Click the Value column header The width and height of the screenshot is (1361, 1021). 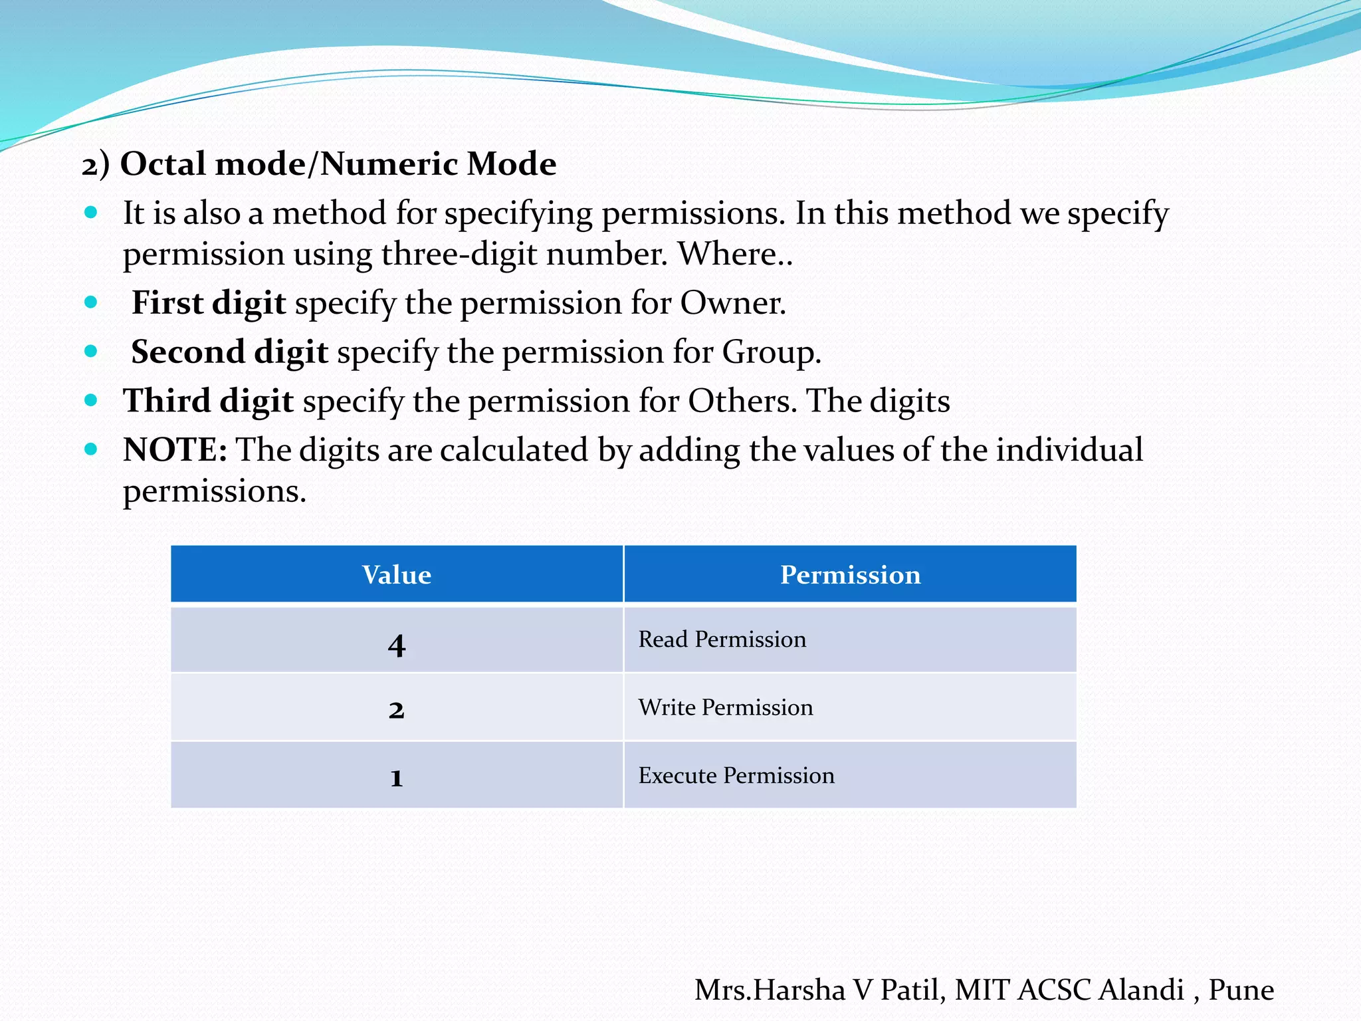pyautogui.click(x=397, y=575)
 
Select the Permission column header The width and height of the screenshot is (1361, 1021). pyautogui.click(x=850, y=575)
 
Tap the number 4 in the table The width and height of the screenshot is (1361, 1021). pyautogui.click(x=397, y=645)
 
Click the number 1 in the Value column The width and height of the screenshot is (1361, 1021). pyautogui.click(x=397, y=777)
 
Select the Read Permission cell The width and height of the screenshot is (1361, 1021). pyautogui.click(x=722, y=639)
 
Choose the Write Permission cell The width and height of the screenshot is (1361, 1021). pyautogui.click(x=726, y=707)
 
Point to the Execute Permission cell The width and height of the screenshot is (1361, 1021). pyautogui.click(x=736, y=776)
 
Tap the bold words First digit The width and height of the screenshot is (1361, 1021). pyautogui.click(x=209, y=303)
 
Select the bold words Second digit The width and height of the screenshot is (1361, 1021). pyautogui.click(x=229, y=352)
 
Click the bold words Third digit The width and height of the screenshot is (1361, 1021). pyautogui.click(x=208, y=401)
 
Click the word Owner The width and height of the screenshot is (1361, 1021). pyautogui.click(x=732, y=303)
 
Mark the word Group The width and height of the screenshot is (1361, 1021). pyautogui.click(x=771, y=352)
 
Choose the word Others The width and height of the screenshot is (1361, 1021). pyautogui.click(x=742, y=401)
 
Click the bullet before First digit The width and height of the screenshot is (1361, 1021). pyautogui.click(x=91, y=302)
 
